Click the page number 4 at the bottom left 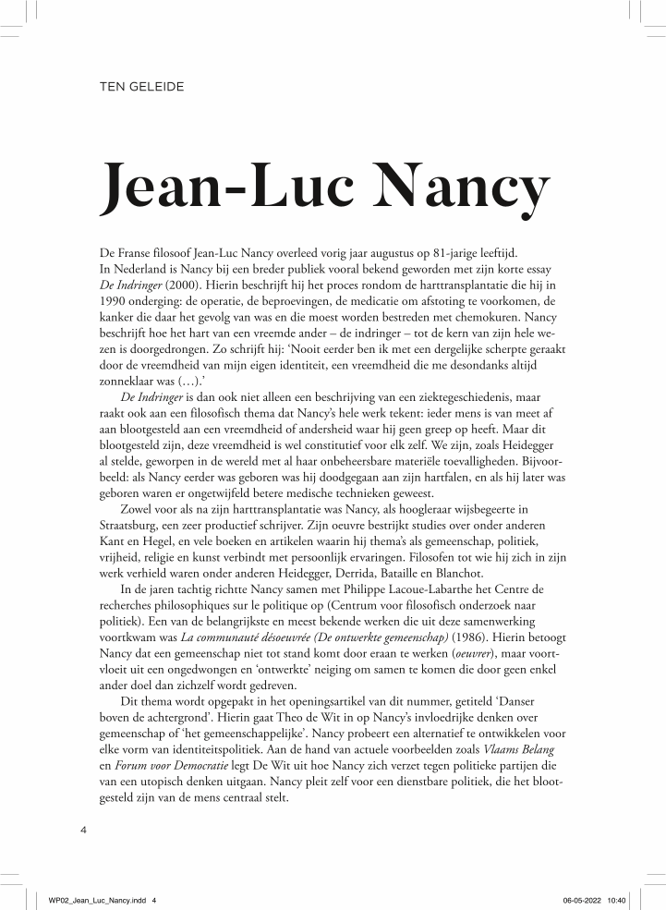point(84,831)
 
